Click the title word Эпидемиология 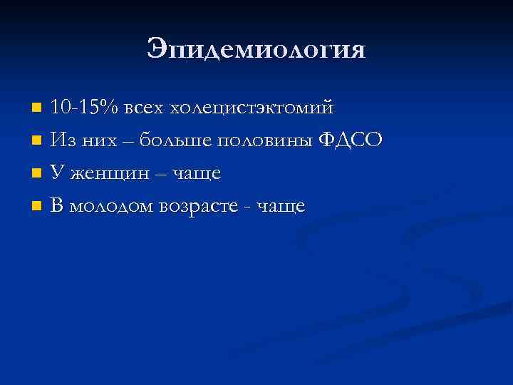[x=256, y=49]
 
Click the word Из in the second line [x=63, y=140]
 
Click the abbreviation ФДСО [x=350, y=140]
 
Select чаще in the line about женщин [x=195, y=174]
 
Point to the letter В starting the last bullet [x=57, y=206]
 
